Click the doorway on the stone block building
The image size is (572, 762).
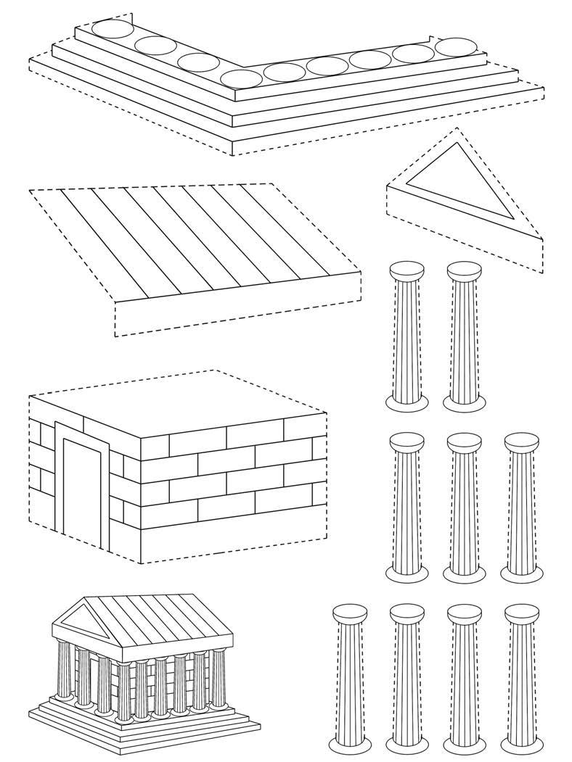80,493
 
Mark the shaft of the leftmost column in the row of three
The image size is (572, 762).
407,508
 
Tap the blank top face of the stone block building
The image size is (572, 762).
189,399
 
